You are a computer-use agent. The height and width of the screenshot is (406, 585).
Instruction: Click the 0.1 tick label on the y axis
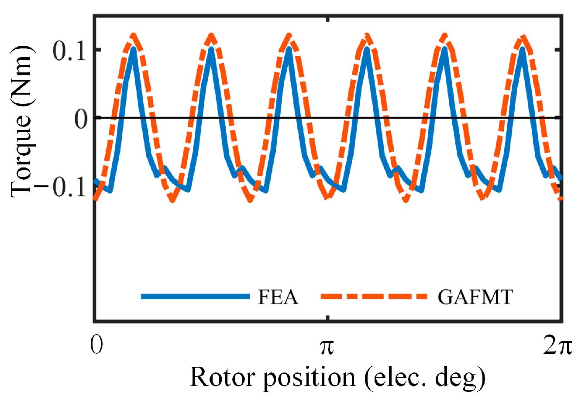pyautogui.click(x=70, y=51)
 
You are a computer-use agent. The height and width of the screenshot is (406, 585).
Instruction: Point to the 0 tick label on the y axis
pyautogui.click(x=81, y=119)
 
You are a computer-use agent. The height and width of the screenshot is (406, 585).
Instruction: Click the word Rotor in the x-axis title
pyautogui.click(x=223, y=377)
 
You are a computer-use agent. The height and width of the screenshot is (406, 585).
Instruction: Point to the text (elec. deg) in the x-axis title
pyautogui.click(x=425, y=378)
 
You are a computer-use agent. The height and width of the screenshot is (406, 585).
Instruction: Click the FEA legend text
pyautogui.click(x=278, y=297)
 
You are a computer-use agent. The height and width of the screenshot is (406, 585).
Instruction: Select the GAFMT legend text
pyautogui.click(x=475, y=297)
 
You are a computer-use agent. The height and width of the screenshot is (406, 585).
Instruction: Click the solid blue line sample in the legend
pyautogui.click(x=195, y=297)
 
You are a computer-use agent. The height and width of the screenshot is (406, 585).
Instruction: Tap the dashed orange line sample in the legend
pyautogui.click(x=374, y=297)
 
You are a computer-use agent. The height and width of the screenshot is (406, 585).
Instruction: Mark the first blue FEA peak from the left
pyautogui.click(x=133, y=48)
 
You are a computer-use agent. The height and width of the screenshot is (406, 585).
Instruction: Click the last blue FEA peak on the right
pyautogui.click(x=522, y=48)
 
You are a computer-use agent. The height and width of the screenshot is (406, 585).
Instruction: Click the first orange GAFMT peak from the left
pyautogui.click(x=134, y=36)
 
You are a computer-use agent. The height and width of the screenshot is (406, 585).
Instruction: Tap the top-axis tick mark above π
pyautogui.click(x=328, y=20)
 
